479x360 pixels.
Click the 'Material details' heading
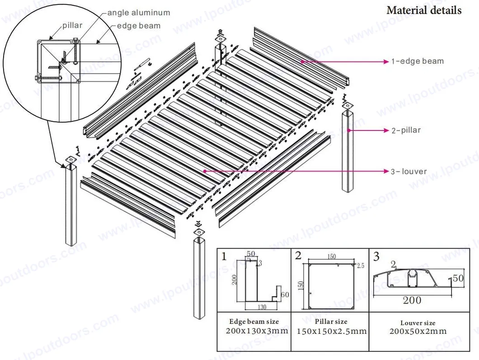pyautogui.click(x=424, y=10)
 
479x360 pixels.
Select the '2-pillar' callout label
pyautogui.click(x=406, y=130)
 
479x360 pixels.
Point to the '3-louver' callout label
pyautogui.click(x=409, y=172)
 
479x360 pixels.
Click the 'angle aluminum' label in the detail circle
pyautogui.click(x=138, y=13)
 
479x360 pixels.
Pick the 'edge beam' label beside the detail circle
pyautogui.click(x=138, y=26)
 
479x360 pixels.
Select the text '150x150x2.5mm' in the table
pyautogui.click(x=331, y=332)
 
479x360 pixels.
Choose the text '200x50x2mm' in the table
pyautogui.click(x=418, y=332)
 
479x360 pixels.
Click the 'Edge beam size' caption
pyautogui.click(x=254, y=322)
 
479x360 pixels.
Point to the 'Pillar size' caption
pyautogui.click(x=331, y=322)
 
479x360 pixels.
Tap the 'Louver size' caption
pyautogui.click(x=418, y=323)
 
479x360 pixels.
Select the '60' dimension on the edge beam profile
pyautogui.click(x=284, y=295)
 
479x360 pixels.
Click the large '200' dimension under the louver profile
pyautogui.click(x=412, y=300)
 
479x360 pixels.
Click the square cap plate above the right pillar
pyautogui.click(x=347, y=106)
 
